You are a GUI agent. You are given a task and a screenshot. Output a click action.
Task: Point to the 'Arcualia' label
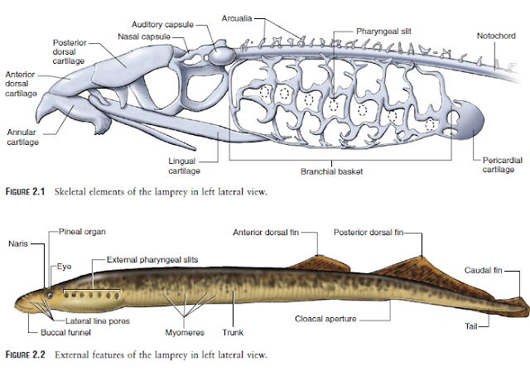coord(243,17)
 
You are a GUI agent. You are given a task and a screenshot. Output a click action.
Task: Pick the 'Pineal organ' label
coord(83,231)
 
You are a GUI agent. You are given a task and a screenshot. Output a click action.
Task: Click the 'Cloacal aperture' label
coord(325,318)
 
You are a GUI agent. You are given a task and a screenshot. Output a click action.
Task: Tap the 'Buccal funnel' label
coord(64,332)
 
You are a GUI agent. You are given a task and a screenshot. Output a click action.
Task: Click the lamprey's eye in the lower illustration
coord(51,293)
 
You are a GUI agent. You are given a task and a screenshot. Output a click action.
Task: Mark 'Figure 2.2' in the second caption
coord(27,354)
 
